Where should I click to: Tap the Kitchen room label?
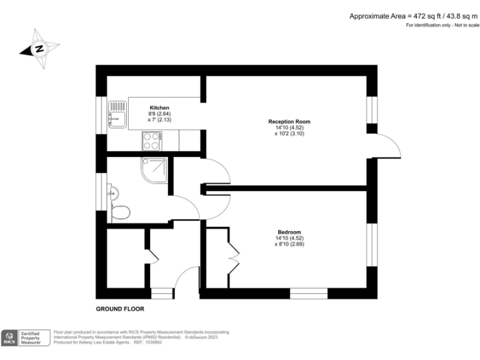[x=159, y=107]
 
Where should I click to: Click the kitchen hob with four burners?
[x=152, y=141]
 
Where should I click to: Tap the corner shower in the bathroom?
[x=154, y=170]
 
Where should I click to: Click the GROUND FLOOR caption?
[x=119, y=309]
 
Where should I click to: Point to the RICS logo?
[x=10, y=337]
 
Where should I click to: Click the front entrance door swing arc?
[x=186, y=276]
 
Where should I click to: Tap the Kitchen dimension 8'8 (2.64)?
[x=159, y=114]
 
